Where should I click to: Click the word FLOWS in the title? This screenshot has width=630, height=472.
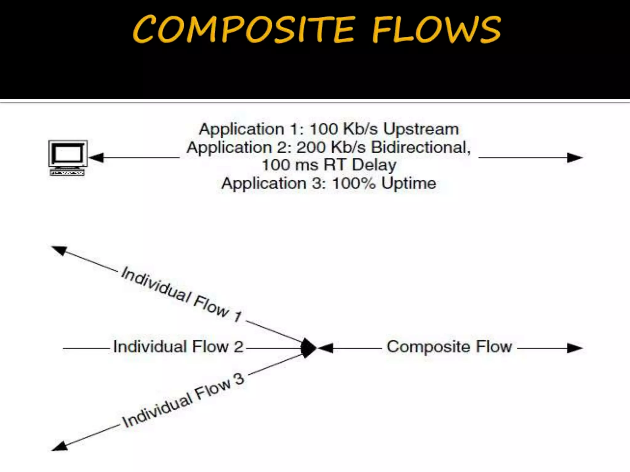tap(436, 29)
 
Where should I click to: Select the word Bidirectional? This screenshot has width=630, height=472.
tap(421, 147)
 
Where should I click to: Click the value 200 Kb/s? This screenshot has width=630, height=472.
tap(331, 147)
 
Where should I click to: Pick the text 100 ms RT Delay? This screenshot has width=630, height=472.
tap(329, 165)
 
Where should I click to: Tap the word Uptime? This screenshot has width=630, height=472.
tap(409, 183)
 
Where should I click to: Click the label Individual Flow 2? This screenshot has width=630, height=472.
tap(178, 347)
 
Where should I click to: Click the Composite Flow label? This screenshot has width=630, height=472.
tap(449, 347)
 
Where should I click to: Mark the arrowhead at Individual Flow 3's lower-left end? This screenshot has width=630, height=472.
tap(60, 446)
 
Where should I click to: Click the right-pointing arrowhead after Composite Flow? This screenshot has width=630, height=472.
tap(575, 348)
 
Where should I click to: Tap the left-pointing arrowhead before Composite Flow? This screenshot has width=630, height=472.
tap(326, 348)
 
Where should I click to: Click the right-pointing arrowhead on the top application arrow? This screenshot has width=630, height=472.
tap(575, 158)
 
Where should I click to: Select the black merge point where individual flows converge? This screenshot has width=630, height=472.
tap(308, 348)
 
